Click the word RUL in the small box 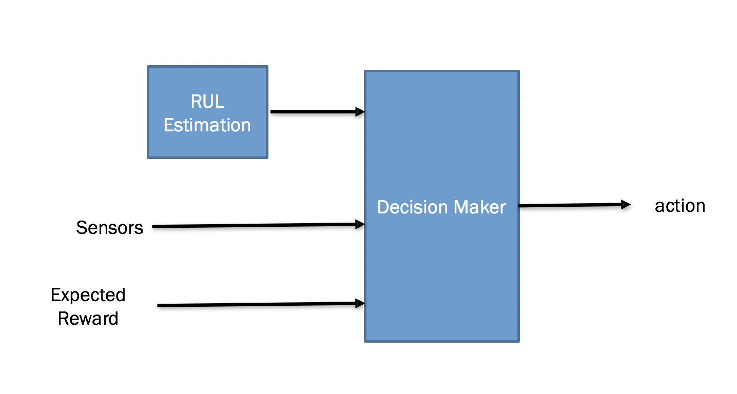point(207,101)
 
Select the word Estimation point(207,125)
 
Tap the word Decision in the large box point(413,207)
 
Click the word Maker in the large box point(480,207)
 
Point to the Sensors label point(109,228)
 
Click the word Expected point(88,295)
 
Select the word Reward point(88,319)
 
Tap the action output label point(680,206)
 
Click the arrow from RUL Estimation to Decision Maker point(318,112)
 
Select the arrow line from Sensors point(258,225)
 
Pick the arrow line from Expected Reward point(261,304)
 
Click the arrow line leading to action point(574,205)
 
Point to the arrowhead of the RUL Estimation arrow point(360,112)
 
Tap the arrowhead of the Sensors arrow point(360,224)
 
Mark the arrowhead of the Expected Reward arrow point(360,303)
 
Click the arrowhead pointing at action point(626,205)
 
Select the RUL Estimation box point(208,112)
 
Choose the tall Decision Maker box point(442,206)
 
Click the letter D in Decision point(383,207)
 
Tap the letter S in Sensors point(82,228)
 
